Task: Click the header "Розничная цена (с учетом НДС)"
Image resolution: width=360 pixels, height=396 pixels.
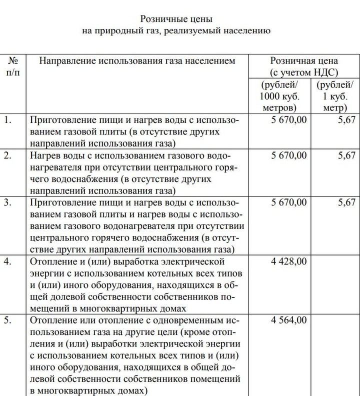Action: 304,66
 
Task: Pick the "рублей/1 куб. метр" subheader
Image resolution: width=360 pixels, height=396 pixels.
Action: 334,95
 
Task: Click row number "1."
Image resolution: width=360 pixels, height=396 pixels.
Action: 7,120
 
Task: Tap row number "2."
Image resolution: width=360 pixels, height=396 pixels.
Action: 7,155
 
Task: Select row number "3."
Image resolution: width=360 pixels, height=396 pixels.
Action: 7,202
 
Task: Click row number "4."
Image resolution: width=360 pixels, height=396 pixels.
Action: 7,261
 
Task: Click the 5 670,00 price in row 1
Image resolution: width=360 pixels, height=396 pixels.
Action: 289,120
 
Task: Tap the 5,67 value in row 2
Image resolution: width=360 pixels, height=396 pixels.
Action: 346,155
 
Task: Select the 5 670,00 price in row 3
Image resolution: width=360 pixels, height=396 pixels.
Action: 289,202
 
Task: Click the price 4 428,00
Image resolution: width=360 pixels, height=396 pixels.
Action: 289,261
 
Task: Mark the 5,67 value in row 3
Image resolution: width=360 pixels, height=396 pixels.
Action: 346,202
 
